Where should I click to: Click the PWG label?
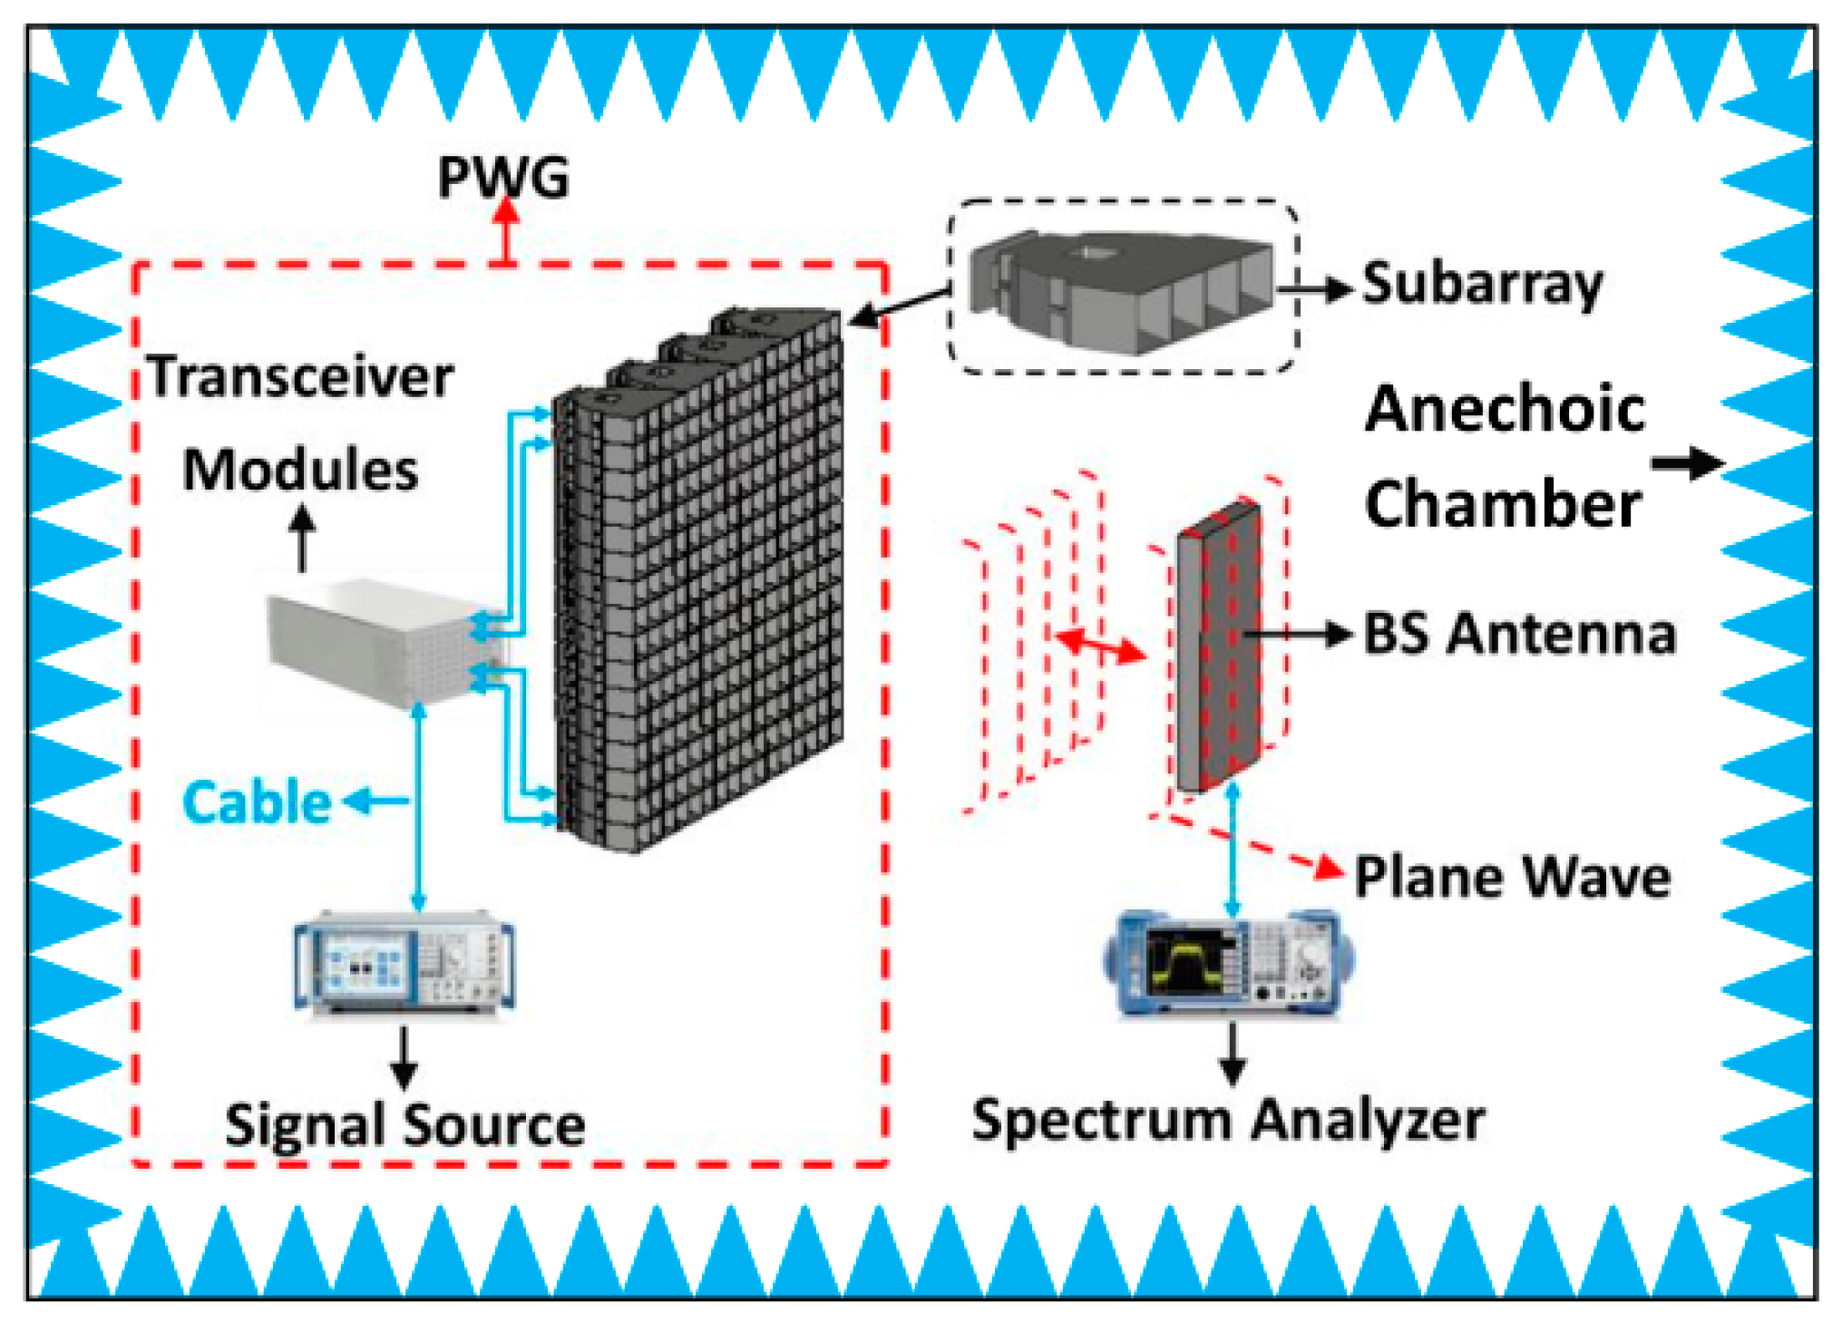coord(503,177)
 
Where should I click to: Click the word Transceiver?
coord(300,376)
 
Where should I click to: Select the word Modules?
coord(300,471)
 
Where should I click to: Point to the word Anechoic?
coord(1505,409)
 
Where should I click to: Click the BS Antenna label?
coord(1519,634)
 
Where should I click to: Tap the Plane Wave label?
coord(1512,877)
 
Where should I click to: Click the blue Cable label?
coord(257,802)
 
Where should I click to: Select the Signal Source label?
coord(404,1125)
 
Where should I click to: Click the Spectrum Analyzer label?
coord(1228,1120)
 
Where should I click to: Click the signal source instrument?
coord(404,965)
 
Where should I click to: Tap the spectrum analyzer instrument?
coord(1230,964)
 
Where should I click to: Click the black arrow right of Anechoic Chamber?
coord(1687,463)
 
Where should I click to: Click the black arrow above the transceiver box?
coord(302,537)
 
